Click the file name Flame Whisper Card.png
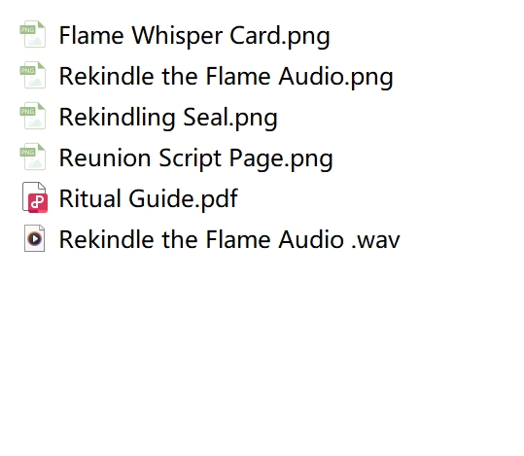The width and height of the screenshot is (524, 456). (194, 36)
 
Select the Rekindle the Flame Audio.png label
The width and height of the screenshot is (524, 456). (226, 77)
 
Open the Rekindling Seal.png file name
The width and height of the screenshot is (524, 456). (168, 118)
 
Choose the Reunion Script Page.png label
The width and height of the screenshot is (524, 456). (195, 158)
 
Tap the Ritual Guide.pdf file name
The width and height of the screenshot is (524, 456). (149, 199)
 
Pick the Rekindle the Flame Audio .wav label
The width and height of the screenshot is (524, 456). (229, 240)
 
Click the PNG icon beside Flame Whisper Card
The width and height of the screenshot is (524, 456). (33, 34)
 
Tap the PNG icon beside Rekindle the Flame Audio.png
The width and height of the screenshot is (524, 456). (33, 75)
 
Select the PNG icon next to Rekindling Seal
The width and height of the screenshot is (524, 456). (33, 116)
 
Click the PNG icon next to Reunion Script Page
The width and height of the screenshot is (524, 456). (33, 157)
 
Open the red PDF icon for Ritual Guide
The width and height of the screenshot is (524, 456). (35, 197)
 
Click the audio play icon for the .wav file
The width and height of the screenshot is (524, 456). (34, 238)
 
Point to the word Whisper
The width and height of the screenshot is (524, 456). (177, 36)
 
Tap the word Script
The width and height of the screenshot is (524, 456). (190, 158)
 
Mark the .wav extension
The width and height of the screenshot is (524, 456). (375, 241)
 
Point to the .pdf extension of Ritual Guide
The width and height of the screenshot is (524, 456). (217, 199)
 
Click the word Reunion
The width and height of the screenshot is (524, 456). (105, 158)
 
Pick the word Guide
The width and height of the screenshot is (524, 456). (160, 198)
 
